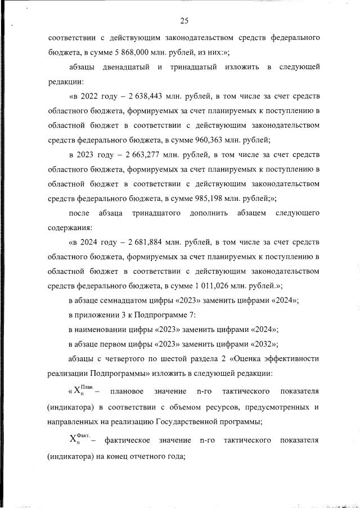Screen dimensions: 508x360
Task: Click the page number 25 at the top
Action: pyautogui.click(x=183, y=21)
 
